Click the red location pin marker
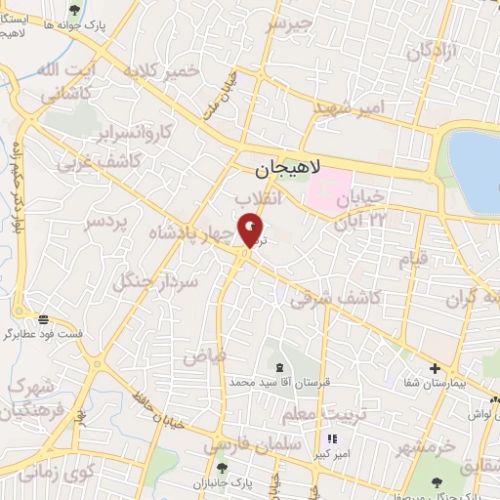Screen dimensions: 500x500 pos(251,230)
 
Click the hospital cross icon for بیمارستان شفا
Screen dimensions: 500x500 pos(435,369)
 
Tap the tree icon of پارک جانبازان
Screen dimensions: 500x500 pos(221,471)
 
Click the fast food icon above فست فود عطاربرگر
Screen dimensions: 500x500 pos(44,318)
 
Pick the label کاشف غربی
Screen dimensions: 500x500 pos(80,161)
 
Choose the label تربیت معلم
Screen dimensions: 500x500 pos(312,415)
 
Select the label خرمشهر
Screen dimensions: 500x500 pos(427,447)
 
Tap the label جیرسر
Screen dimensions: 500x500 pos(290,22)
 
